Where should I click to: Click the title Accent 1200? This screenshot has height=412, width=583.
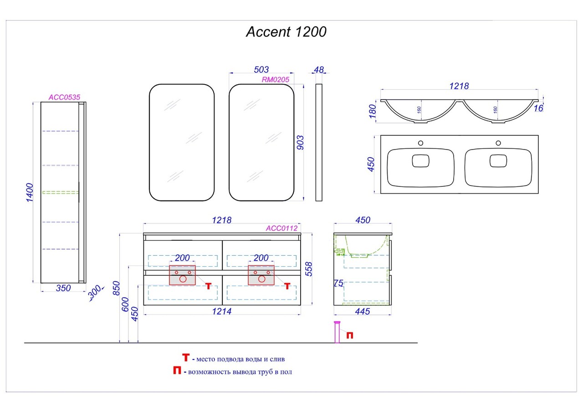286,32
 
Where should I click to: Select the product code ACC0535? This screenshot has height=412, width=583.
64,97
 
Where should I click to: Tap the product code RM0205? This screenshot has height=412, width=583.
275,80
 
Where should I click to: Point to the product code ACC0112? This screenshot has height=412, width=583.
281,228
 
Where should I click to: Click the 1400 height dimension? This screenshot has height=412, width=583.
30,193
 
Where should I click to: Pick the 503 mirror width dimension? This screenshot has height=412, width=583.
261,70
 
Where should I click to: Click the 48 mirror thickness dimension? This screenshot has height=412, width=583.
319,70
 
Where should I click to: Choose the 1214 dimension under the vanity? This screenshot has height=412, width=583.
221,311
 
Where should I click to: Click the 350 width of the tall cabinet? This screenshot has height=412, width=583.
63,288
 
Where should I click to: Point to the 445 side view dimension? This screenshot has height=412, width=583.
362,311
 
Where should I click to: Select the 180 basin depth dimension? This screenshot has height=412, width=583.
373,111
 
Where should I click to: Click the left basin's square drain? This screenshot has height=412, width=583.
420,161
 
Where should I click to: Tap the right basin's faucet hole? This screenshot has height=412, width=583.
499,143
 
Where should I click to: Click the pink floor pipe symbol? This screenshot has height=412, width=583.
337,331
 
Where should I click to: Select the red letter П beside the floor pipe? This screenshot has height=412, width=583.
349,335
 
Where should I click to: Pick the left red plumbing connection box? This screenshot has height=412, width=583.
182,275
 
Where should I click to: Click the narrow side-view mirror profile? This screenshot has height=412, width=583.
319,142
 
